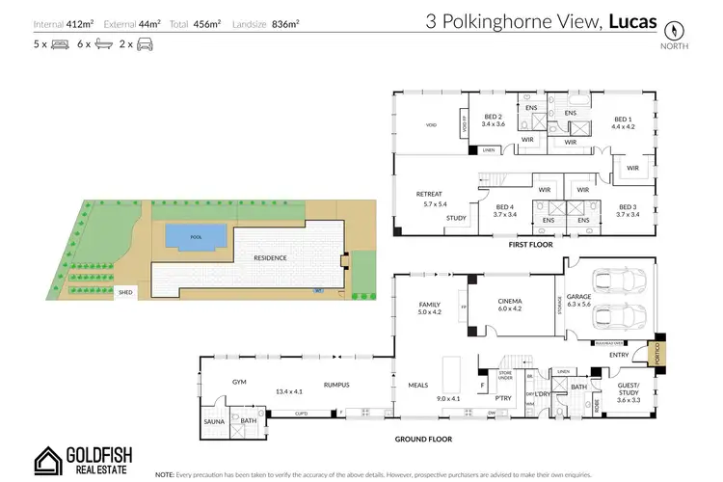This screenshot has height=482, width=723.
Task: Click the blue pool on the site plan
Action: point(196,235)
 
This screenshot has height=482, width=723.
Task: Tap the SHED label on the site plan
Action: point(125,290)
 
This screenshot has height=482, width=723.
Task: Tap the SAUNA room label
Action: point(214,421)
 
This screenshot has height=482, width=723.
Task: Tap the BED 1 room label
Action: point(624,120)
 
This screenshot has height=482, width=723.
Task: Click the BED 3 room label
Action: point(629,208)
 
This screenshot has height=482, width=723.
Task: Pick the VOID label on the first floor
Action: point(431,125)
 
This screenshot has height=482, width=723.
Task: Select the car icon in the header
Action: point(145,45)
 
